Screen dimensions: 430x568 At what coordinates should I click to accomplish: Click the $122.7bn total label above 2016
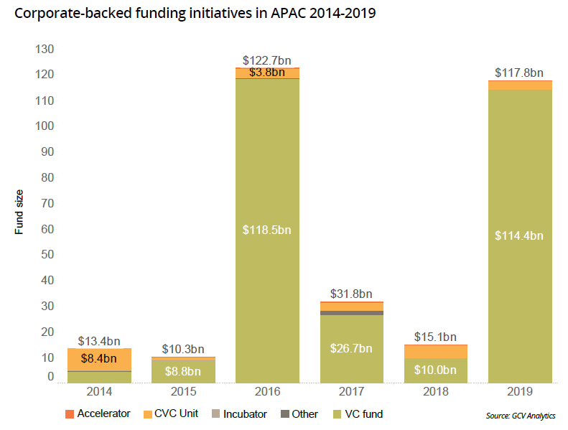[267, 61]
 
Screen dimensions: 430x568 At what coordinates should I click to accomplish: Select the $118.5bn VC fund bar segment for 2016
[267, 230]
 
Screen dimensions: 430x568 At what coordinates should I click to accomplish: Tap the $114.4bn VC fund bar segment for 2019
[520, 236]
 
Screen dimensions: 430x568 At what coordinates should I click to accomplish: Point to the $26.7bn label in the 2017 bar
[351, 349]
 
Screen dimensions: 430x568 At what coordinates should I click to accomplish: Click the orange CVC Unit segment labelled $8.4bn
[99, 359]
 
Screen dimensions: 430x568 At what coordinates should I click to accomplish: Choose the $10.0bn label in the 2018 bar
[435, 370]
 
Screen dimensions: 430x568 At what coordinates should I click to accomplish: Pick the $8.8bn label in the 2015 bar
[183, 372]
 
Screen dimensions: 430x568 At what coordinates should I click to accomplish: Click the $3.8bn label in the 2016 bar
[267, 73]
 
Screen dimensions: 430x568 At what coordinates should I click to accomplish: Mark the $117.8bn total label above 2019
[520, 73]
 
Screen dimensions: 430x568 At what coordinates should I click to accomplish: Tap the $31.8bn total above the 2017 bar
[351, 294]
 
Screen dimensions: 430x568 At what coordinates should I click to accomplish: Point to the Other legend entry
[300, 413]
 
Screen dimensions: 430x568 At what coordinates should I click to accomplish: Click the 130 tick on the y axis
[45, 49]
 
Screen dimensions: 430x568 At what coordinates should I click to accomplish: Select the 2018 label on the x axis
[435, 391]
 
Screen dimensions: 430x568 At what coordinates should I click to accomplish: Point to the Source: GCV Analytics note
[521, 415]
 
